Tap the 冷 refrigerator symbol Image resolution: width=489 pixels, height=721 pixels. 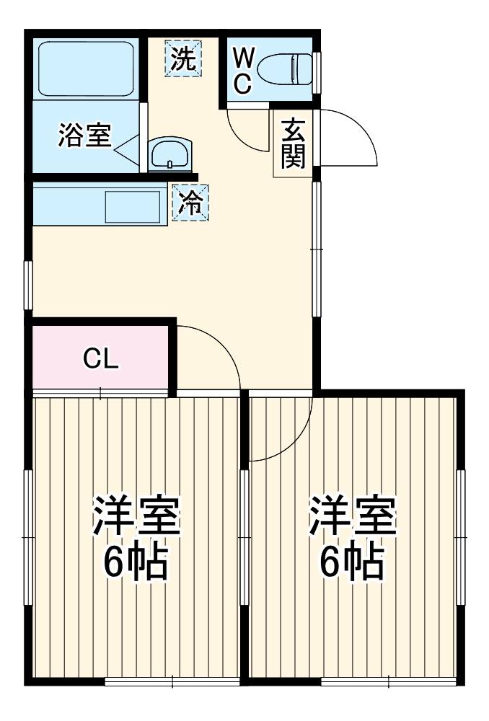point(191,202)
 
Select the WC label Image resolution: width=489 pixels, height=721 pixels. point(242,71)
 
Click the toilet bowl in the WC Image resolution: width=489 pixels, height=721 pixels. point(285,71)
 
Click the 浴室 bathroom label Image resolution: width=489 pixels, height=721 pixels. point(84,136)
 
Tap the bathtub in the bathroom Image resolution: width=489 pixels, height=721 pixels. point(87,70)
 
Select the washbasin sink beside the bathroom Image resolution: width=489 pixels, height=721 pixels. point(169,154)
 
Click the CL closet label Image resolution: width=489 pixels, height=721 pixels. point(100,358)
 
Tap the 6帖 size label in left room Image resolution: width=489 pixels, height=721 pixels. point(136,562)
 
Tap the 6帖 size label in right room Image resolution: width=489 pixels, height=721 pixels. point(353,562)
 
